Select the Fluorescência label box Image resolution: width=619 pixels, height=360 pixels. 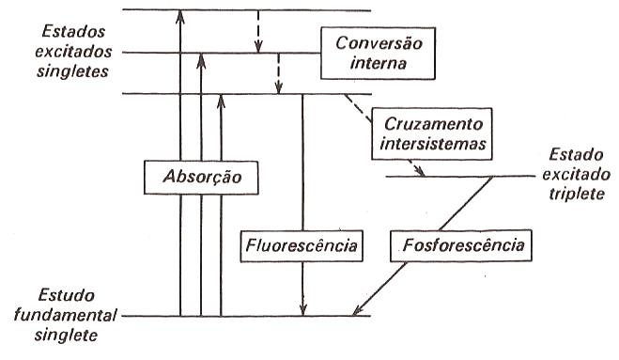click(302, 247)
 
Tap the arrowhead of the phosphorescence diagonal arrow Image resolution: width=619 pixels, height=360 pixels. click(362, 309)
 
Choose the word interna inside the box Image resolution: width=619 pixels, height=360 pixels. click(375, 67)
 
